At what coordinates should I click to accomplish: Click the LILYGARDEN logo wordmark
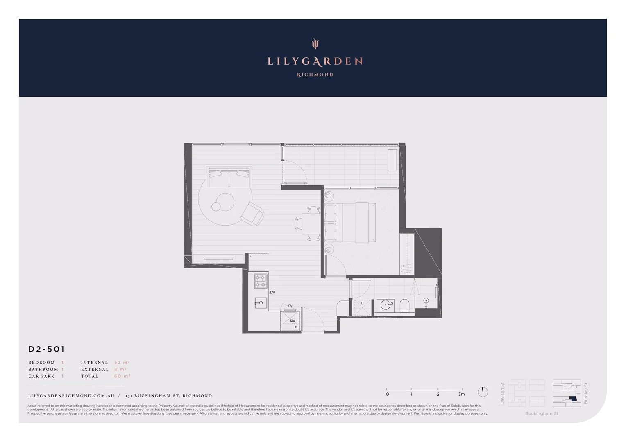point(315,61)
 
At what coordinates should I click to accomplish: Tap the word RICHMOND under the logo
point(315,74)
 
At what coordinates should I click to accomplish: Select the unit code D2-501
point(47,349)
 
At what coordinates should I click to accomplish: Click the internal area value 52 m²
point(122,363)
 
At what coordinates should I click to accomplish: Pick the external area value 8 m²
point(120,369)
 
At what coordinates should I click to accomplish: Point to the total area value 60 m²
point(122,376)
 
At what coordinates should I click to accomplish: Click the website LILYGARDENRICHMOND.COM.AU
point(71,396)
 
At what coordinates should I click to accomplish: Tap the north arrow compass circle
point(483,392)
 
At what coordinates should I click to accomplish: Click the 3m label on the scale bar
point(461,394)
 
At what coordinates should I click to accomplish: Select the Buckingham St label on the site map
point(542,413)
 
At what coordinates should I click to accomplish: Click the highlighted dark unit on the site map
point(572,399)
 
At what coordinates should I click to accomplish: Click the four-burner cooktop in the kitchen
point(261,281)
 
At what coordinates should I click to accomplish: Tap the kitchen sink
point(261,303)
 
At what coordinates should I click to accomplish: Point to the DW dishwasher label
point(272,293)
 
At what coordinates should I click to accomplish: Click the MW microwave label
point(293,321)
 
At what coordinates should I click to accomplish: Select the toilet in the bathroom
point(404,305)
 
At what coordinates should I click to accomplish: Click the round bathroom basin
point(386,305)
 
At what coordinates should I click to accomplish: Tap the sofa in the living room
point(229,177)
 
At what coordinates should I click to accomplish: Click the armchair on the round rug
point(252,214)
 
